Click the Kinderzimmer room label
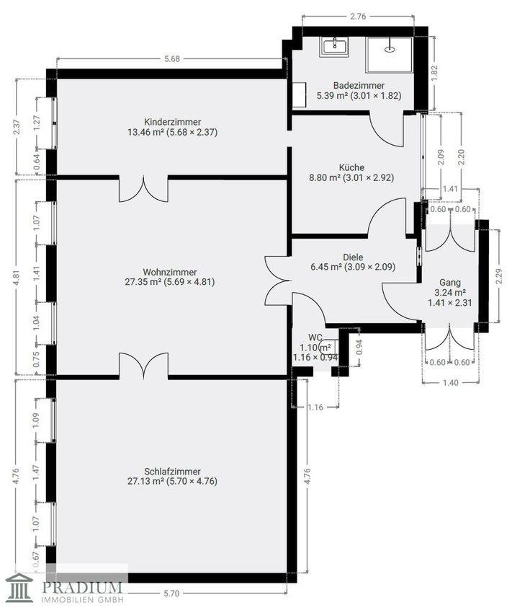pyautogui.click(x=173, y=122)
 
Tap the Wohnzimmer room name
pyautogui.click(x=170, y=272)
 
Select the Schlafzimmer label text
pyautogui.click(x=172, y=472)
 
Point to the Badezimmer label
pyautogui.click(x=359, y=85)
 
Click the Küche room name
pyautogui.click(x=351, y=167)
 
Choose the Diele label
pyautogui.click(x=353, y=257)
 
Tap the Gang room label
pyautogui.click(x=450, y=282)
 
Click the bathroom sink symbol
pyautogui.click(x=335, y=46)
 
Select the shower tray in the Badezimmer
pyautogui.click(x=389, y=55)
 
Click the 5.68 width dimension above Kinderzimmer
pyautogui.click(x=172, y=59)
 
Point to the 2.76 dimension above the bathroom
pyautogui.click(x=358, y=17)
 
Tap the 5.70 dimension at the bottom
pyautogui.click(x=171, y=594)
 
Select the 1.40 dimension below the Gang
pyautogui.click(x=451, y=383)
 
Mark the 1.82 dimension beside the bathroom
pyautogui.click(x=434, y=74)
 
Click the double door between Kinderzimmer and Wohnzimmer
pyautogui.click(x=143, y=189)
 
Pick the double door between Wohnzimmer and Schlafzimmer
pyautogui.click(x=143, y=366)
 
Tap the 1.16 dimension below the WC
pyautogui.click(x=315, y=407)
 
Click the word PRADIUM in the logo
pyautogui.click(x=82, y=588)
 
